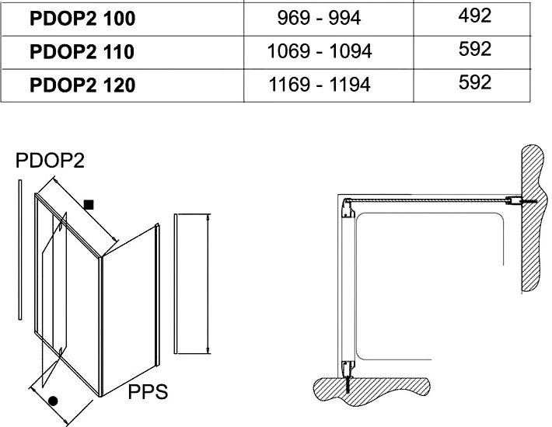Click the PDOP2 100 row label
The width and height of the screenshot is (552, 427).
(x=82, y=19)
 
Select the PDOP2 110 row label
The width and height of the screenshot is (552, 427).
(x=82, y=52)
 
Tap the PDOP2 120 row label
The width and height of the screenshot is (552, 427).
(x=82, y=85)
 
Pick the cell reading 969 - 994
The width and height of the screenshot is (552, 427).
(x=319, y=18)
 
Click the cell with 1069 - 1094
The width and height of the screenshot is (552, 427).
(x=320, y=51)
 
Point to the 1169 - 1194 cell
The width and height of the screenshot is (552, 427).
(x=320, y=85)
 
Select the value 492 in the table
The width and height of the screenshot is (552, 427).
(x=474, y=16)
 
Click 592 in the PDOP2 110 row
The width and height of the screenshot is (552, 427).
(x=474, y=49)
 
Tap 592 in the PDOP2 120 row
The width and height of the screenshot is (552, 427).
(x=474, y=82)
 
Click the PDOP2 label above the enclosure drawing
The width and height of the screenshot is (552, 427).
(x=50, y=161)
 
